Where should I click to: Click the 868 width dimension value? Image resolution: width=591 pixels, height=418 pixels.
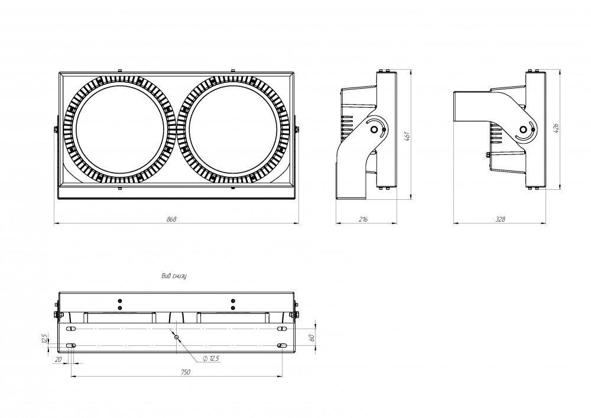pyautogui.click(x=171, y=219)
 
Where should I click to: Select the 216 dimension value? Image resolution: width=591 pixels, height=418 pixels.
pyautogui.click(x=363, y=219)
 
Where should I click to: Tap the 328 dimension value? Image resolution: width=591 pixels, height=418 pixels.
pyautogui.click(x=500, y=219)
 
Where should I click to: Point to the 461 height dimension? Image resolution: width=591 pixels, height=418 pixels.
pyautogui.click(x=407, y=137)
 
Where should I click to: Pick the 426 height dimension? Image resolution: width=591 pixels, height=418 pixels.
pyautogui.click(x=556, y=128)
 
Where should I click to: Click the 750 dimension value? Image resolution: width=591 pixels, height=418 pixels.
pyautogui.click(x=185, y=372)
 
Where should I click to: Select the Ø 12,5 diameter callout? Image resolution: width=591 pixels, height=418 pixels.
pyautogui.click(x=212, y=358)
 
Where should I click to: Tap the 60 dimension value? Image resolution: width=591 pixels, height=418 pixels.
pyautogui.click(x=311, y=338)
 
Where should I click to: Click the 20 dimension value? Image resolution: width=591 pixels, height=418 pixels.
pyautogui.click(x=58, y=359)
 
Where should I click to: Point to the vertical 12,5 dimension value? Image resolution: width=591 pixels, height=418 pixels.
pyautogui.click(x=44, y=338)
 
